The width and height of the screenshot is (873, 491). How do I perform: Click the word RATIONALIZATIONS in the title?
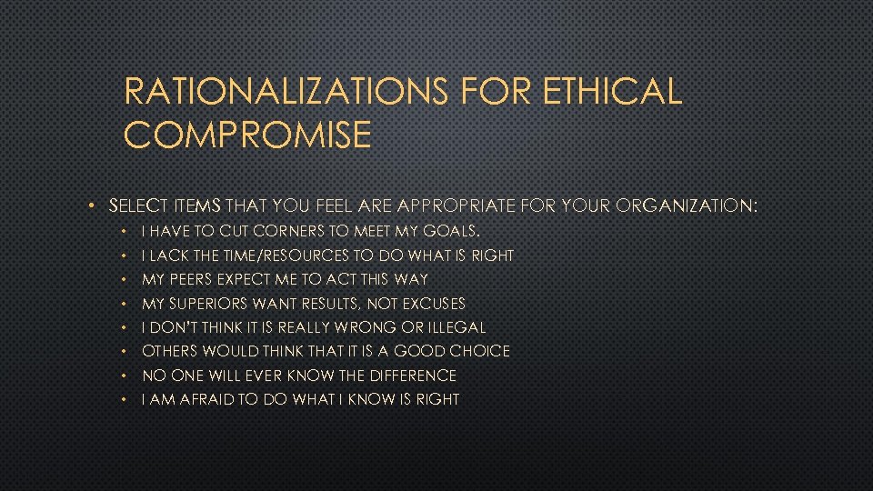(286, 92)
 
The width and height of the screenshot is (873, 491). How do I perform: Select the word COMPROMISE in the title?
(247, 135)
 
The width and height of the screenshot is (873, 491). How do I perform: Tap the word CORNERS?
(286, 232)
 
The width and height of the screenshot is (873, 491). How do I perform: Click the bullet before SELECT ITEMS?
(94, 207)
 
